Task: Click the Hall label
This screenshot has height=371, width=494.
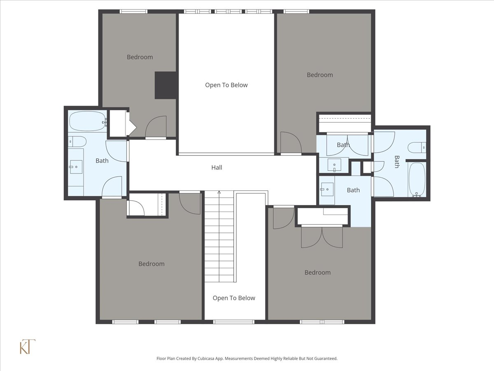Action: tap(217, 167)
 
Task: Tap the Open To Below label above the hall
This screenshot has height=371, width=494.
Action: tap(226, 85)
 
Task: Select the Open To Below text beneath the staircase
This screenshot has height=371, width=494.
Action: tap(234, 298)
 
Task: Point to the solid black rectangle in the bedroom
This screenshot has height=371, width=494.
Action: tap(165, 85)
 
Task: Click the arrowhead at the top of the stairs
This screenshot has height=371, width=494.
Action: tap(219, 192)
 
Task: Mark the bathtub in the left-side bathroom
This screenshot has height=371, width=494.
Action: tap(87, 121)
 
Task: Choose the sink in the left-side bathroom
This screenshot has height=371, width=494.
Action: tap(75, 167)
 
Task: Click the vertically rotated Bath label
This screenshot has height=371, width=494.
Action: tap(397, 162)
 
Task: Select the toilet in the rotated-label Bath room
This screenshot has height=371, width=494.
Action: tap(416, 147)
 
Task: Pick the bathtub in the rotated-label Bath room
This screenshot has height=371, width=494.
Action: tap(417, 180)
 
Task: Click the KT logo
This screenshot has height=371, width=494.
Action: tap(28, 347)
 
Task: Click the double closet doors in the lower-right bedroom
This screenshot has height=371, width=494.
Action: tap(322, 237)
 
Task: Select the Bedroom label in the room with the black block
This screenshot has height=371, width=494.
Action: tap(140, 57)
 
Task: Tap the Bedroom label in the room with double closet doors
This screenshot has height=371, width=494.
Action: tap(317, 272)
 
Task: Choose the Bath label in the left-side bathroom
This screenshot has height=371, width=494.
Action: tap(102, 160)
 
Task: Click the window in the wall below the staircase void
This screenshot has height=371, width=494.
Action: tap(233, 322)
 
